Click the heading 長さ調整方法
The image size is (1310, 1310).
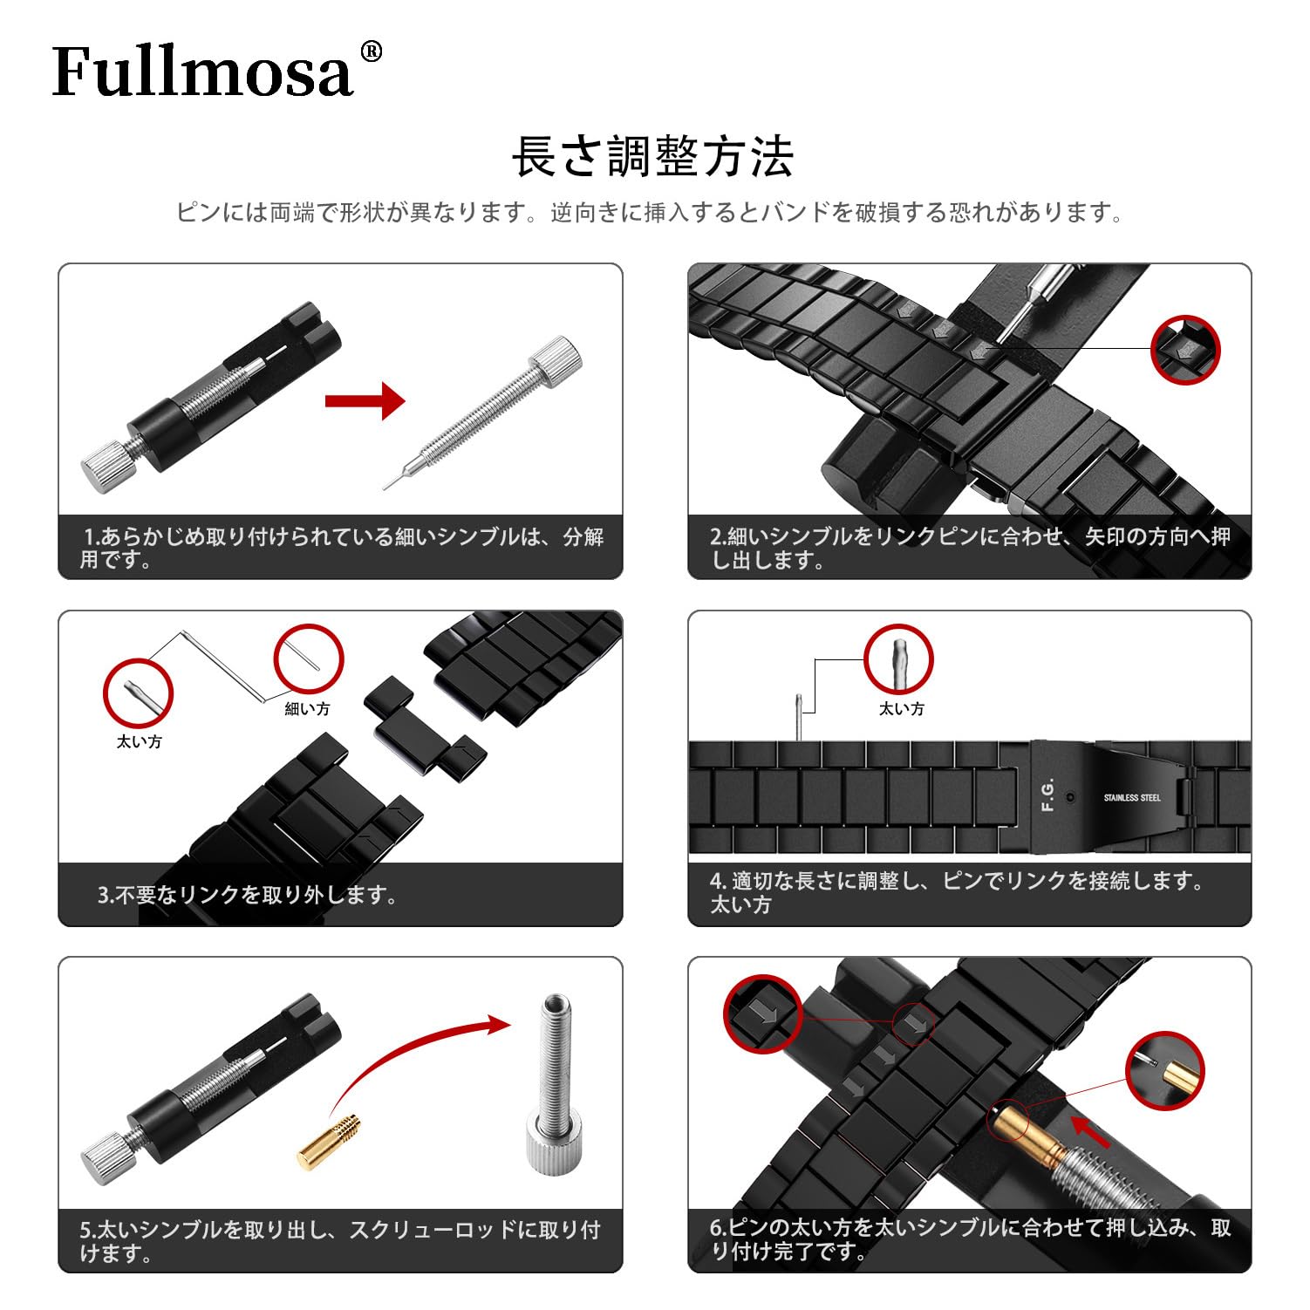pos(652,158)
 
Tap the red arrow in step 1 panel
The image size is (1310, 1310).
pos(365,401)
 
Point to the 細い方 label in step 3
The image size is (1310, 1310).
pos(307,709)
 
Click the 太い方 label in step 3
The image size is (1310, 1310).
pos(139,741)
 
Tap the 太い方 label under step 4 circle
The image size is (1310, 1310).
pos(901,709)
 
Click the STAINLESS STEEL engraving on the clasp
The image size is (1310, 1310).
pos(1131,798)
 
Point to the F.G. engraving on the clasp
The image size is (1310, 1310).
pos(1047,795)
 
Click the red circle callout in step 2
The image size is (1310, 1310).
pos(1184,349)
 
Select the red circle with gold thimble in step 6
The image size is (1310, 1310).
pos(1164,1070)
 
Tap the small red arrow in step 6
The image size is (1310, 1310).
pos(1090,1131)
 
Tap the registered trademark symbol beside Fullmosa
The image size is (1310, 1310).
pos(371,52)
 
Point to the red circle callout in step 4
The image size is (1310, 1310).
pos(898,659)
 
